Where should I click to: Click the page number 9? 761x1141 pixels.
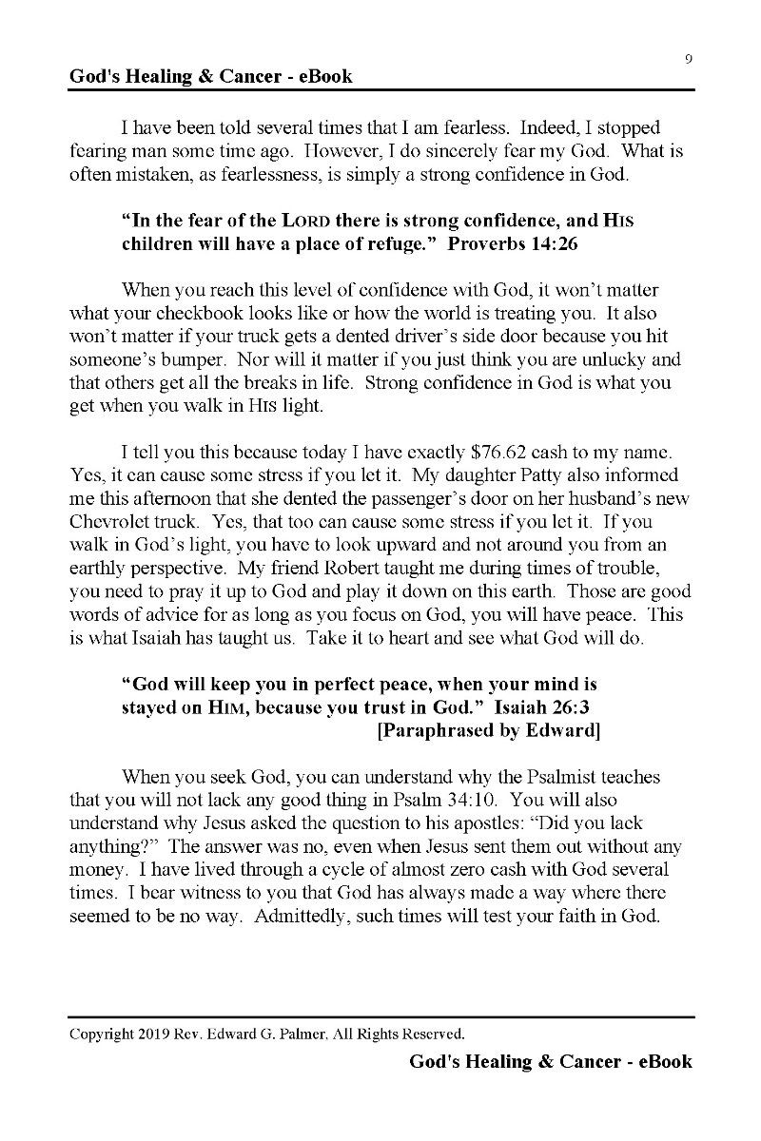[x=688, y=59]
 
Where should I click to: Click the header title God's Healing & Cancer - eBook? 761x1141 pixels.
[x=211, y=76]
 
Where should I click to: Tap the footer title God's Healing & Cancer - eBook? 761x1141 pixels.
[x=551, y=1061]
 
